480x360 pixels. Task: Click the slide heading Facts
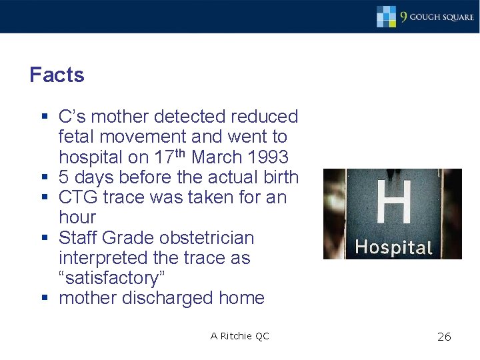tap(57, 75)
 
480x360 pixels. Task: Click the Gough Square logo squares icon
tap(386, 15)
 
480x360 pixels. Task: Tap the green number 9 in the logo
tap(403, 16)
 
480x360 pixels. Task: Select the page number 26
tap(444, 337)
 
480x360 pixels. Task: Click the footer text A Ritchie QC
tap(240, 336)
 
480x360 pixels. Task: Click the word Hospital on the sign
tap(393, 247)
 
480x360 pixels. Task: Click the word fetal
tap(77, 137)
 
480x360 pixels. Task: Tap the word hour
tap(77, 217)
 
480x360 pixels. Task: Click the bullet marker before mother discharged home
tap(45, 298)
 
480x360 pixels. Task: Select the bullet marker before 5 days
tap(45, 177)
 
